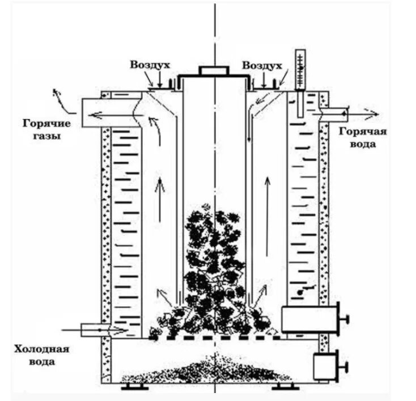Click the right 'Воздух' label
261,66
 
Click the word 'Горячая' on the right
363,132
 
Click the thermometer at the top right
300,70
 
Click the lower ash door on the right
326,366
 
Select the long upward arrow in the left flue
160,199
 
